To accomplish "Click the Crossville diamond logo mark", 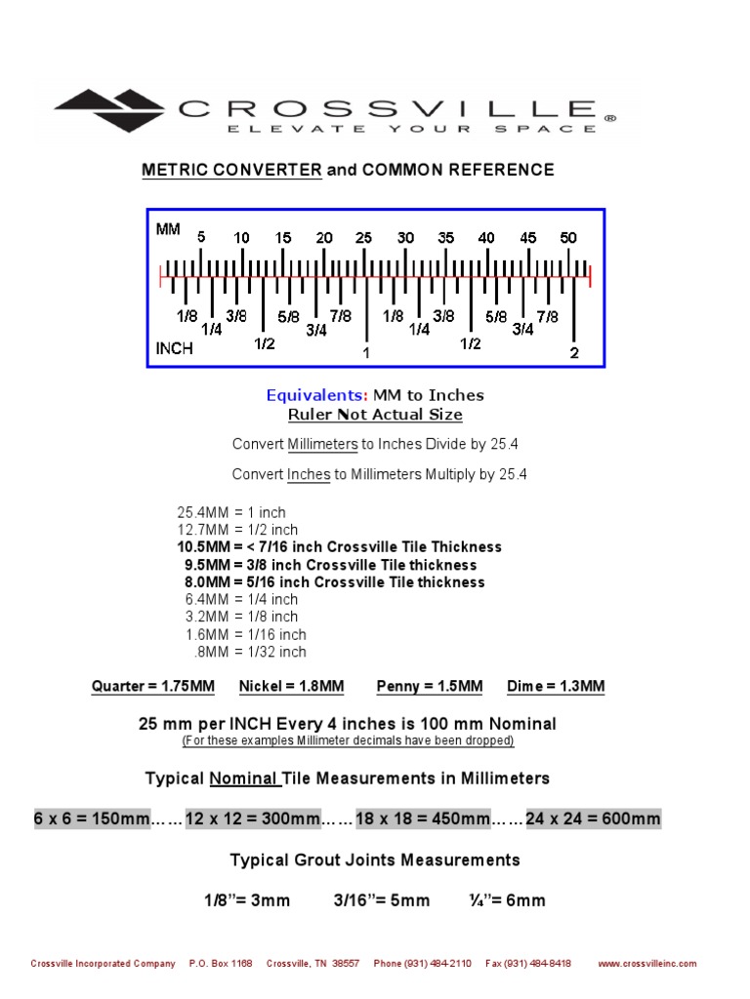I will click(110, 108).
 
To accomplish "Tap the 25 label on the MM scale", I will click(363, 237).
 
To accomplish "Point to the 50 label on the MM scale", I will click(568, 237).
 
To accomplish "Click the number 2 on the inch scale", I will click(574, 353).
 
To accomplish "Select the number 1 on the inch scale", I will click(366, 353).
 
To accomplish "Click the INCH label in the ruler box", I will click(175, 348).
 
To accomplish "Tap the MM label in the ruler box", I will click(168, 229).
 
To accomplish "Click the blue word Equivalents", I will click(317, 395).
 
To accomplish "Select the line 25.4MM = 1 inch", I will click(231, 512).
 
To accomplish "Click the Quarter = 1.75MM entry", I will click(153, 687).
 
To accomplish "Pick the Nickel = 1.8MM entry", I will click(291, 687).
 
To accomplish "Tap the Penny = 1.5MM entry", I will click(430, 687).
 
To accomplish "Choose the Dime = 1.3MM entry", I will click(556, 687).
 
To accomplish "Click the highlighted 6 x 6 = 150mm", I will click(91, 819).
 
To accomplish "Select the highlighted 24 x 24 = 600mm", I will click(593, 819).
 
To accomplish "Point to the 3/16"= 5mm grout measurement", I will click(381, 900).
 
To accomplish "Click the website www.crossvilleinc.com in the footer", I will click(647, 963).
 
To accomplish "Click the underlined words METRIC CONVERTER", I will click(231, 170).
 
